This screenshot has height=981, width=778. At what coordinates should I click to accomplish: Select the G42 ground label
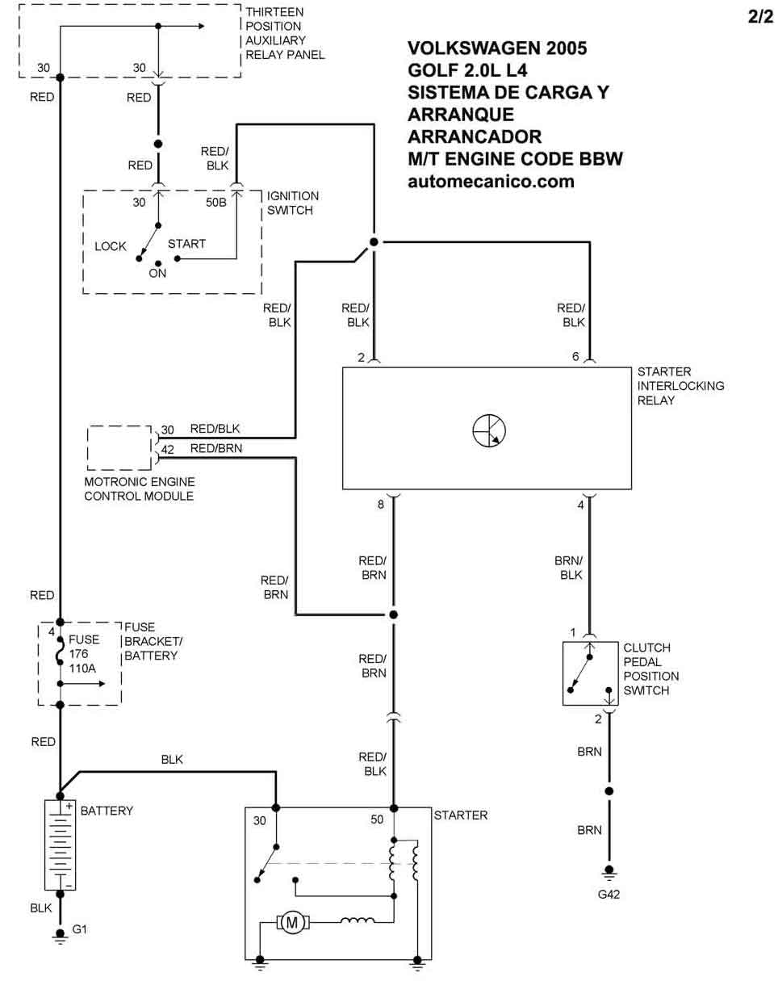[x=609, y=894]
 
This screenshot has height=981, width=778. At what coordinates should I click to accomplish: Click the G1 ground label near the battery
[x=80, y=929]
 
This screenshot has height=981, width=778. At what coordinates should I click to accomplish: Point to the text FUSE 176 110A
[x=84, y=653]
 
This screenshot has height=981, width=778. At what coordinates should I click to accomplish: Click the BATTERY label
[x=107, y=811]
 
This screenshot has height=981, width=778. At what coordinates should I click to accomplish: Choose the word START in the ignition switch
[x=186, y=244]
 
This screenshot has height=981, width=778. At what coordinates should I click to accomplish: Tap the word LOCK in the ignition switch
[x=111, y=246]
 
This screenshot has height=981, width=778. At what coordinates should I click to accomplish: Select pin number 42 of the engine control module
[x=168, y=449]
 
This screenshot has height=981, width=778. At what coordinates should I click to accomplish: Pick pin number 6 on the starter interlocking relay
[x=575, y=356]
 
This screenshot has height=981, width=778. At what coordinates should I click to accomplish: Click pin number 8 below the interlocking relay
[x=381, y=505]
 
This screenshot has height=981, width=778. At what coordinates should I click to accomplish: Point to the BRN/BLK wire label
[x=568, y=568]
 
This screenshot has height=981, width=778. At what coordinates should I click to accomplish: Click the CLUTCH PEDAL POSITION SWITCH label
[x=651, y=669]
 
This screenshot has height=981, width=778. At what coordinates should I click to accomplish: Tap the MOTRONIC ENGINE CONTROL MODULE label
[x=139, y=488]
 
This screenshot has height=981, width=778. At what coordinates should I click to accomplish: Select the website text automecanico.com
[x=491, y=182]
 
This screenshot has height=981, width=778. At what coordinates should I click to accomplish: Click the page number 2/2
[x=761, y=16]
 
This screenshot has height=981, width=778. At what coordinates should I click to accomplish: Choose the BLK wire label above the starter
[x=172, y=760]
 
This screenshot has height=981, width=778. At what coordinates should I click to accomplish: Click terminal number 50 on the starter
[x=377, y=820]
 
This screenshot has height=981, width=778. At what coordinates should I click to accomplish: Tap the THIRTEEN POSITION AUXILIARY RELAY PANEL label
[x=284, y=33]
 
